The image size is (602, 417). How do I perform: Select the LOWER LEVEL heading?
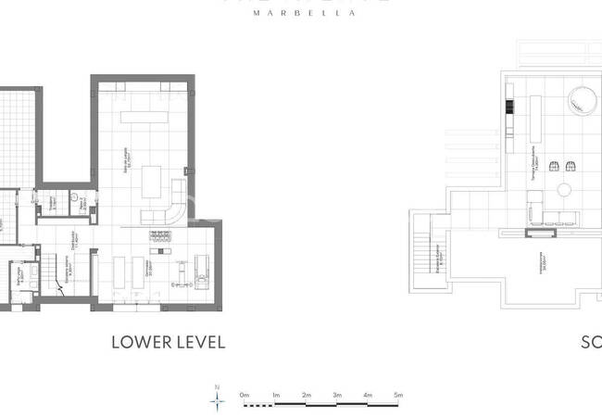point(168,342)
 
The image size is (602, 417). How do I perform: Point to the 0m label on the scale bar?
point(245,396)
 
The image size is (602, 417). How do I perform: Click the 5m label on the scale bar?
point(397,396)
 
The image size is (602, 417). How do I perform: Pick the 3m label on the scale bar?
point(336,396)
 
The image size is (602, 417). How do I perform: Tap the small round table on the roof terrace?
point(563,190)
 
